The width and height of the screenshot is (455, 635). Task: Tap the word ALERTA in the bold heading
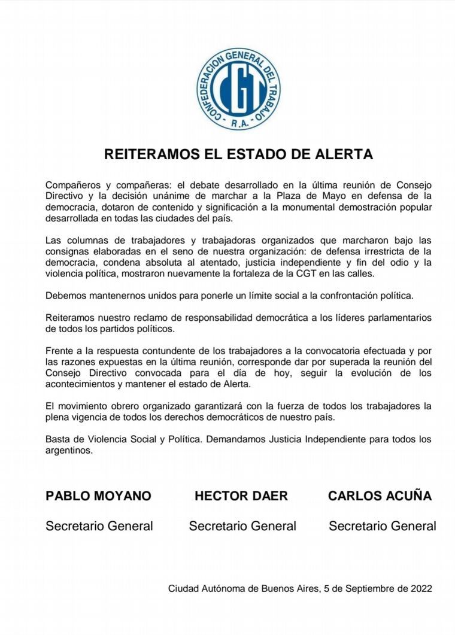pos(344,154)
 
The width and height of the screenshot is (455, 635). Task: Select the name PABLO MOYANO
pos(99,496)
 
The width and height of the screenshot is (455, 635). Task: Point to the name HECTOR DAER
pos(241,496)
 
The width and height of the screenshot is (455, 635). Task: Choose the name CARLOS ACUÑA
pos(380,496)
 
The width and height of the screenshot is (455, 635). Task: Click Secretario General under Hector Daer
pos(242,526)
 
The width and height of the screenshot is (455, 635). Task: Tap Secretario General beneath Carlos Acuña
pos(383,526)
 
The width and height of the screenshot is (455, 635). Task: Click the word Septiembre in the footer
pos(364,588)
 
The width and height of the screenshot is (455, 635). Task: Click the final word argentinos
pos(69,451)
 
